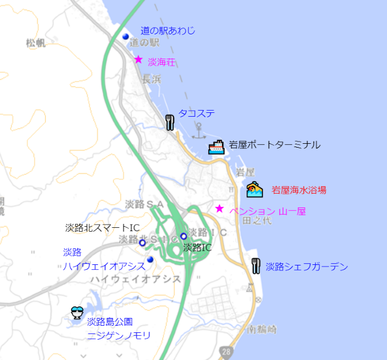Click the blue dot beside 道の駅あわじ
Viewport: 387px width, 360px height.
click(x=125, y=37)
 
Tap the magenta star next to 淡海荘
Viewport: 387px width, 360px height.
click(x=139, y=59)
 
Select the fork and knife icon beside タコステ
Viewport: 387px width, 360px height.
click(x=170, y=122)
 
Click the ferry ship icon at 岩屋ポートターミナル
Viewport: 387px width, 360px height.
click(x=216, y=147)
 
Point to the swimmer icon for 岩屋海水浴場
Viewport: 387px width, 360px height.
click(x=254, y=190)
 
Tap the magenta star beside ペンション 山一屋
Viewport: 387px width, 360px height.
click(x=219, y=208)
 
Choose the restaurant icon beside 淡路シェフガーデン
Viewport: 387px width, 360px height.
click(x=255, y=266)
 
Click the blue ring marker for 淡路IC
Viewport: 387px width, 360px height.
click(x=184, y=236)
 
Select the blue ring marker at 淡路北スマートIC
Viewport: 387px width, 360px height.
click(x=142, y=242)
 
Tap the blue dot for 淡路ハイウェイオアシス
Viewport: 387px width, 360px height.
click(x=150, y=259)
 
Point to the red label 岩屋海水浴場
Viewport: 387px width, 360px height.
click(x=299, y=190)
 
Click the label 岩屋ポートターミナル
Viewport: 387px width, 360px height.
click(x=274, y=145)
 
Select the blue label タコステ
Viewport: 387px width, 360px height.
click(x=196, y=113)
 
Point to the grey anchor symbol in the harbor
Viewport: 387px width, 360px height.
click(x=198, y=131)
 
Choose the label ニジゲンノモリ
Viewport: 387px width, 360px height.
click(x=119, y=335)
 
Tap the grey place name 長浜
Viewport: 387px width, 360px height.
click(x=151, y=79)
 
